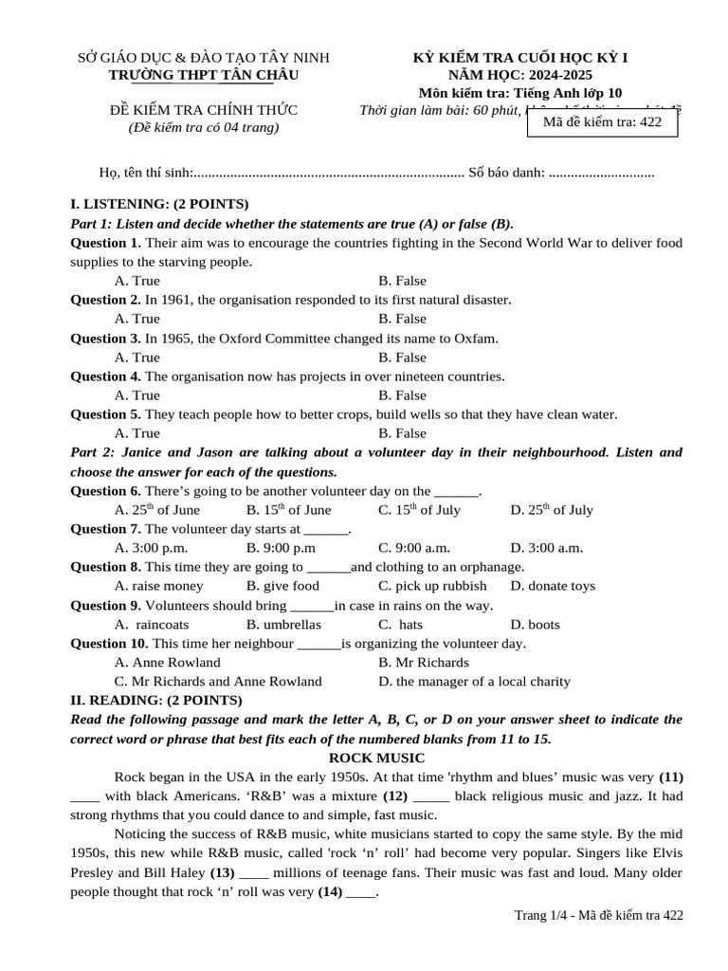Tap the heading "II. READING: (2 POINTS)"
(x=156, y=700)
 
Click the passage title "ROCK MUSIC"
(x=376, y=758)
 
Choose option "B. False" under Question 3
(x=402, y=357)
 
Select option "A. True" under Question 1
(x=137, y=281)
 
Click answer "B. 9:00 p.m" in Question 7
(x=281, y=548)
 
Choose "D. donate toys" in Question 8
(x=553, y=586)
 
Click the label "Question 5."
(x=106, y=414)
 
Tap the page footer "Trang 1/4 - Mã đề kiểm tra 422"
(x=597, y=914)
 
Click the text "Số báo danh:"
(x=506, y=173)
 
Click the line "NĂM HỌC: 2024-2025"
(x=520, y=75)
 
